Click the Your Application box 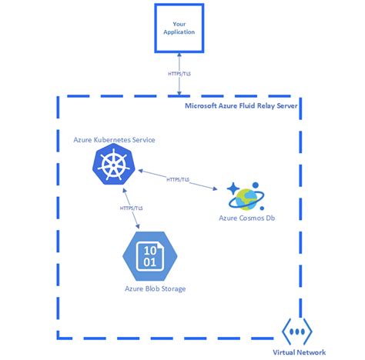point(179,28)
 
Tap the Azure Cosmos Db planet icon point(243,197)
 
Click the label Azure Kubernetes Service point(114,139)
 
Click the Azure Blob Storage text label point(155,289)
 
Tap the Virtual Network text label point(299,352)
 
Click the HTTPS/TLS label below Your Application point(179,75)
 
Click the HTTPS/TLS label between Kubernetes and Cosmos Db point(179,180)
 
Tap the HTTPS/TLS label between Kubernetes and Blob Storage point(131,208)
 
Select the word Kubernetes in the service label point(118,139)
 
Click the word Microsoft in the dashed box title point(203,105)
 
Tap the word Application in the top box point(179,32)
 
